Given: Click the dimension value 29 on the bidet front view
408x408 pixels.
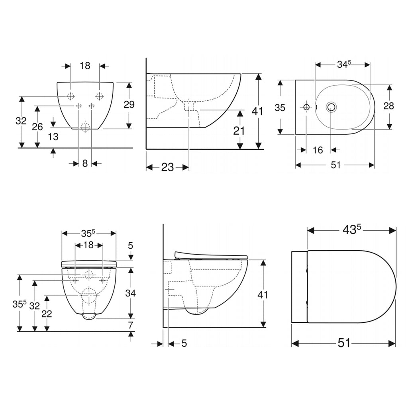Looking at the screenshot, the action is tap(129, 105).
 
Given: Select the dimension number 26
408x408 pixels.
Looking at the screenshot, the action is tap(37, 127).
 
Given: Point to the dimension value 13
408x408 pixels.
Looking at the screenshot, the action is tap(53, 137).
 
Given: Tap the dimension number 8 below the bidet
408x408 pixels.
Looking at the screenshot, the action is tap(85, 163).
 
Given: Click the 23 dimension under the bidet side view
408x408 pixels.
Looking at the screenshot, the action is tap(167, 167).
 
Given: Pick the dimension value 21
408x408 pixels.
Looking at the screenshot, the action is tap(239, 131).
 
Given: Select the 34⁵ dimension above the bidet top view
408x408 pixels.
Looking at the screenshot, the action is tap(344, 64).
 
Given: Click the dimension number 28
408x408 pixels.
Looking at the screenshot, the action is tap(389, 106).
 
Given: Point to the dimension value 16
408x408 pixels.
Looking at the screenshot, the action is tap(318, 150).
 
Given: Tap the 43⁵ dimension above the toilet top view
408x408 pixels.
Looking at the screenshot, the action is tap(351, 229).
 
